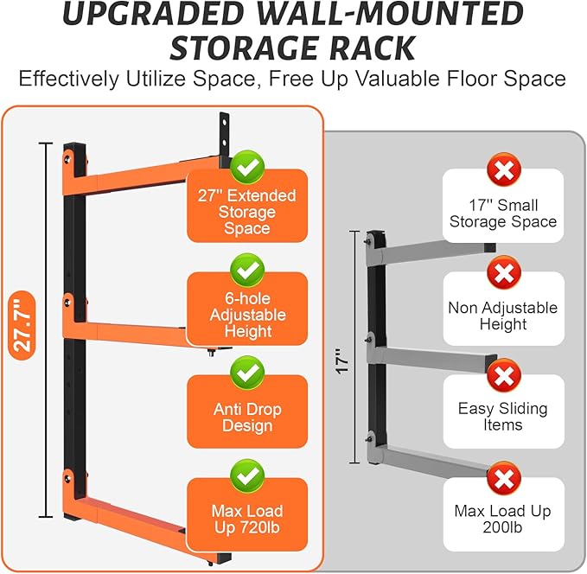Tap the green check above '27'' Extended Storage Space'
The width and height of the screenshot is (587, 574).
[247, 164]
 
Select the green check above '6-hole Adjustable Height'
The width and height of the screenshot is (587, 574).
[247, 270]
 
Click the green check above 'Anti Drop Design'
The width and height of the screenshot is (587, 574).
[247, 373]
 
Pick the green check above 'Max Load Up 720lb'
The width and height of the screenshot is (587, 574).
[247, 476]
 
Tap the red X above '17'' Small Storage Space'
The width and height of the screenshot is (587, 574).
[503, 169]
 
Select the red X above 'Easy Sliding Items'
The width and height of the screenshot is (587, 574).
[503, 376]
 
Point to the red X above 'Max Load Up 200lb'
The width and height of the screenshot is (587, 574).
[503, 478]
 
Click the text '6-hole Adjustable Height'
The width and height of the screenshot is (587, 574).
[247, 315]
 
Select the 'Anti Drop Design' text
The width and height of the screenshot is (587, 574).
[247, 418]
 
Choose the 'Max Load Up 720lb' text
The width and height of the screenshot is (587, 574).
[247, 520]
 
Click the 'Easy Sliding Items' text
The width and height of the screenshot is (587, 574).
[503, 417]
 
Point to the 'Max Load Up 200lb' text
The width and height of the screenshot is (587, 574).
[503, 519]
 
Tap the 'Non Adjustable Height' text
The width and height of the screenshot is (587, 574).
[503, 316]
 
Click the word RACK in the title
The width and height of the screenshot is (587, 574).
[371, 48]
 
